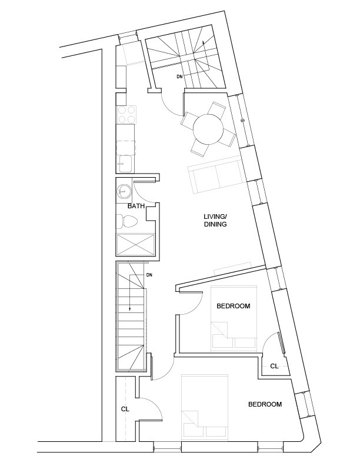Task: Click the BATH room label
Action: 136,207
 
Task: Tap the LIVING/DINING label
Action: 215,221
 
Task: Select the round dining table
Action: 208,128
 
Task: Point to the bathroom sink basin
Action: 124,190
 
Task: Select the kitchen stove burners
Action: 126,114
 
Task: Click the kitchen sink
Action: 126,162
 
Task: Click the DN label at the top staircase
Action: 179,76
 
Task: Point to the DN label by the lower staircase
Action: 149,275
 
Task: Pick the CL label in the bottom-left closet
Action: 125,408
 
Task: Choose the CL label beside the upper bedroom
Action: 274,366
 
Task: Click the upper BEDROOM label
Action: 234,306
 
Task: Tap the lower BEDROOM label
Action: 265,404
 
